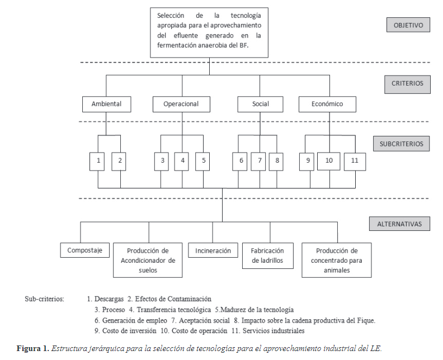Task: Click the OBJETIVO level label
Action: (408, 25)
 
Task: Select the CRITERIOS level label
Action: (407, 84)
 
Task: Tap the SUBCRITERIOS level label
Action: (402, 144)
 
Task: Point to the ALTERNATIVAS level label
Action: (399, 224)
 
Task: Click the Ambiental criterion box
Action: (106, 104)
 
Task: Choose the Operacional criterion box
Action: (181, 104)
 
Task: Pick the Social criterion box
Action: (260, 104)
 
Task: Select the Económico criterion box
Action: (327, 104)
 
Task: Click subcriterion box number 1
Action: (97, 162)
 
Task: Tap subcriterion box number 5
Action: (202, 162)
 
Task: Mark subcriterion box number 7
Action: (258, 162)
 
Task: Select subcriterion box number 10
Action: (328, 161)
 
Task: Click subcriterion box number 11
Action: (355, 162)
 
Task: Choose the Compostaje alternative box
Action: (85, 250)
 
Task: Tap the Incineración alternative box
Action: (213, 250)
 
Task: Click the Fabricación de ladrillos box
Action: (268, 255)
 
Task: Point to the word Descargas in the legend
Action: (109, 299)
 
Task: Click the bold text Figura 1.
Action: (33, 348)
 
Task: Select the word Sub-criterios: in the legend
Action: (44, 299)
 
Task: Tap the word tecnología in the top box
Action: (246, 16)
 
